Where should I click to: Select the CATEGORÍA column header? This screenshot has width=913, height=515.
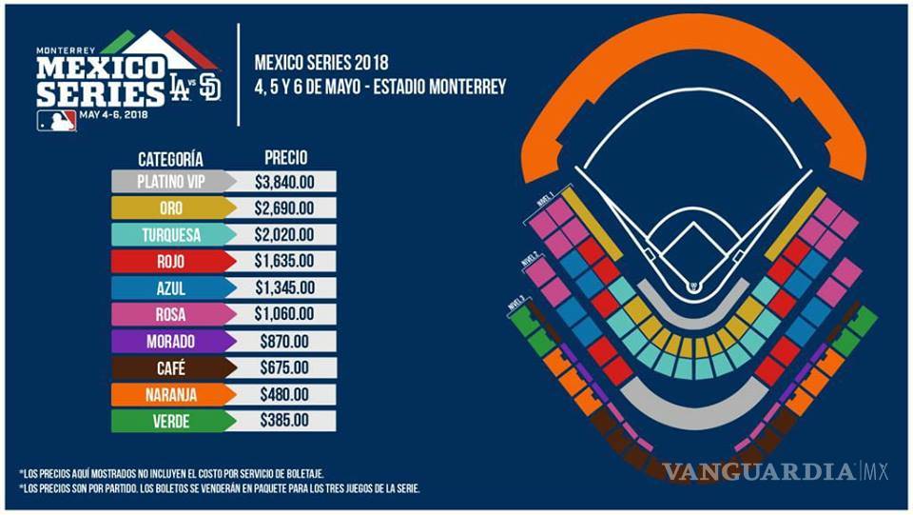[171, 159]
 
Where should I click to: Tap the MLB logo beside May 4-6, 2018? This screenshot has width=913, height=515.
[57, 120]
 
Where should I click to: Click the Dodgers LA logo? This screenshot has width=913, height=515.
[180, 89]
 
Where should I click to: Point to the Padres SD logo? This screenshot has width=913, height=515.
[210, 88]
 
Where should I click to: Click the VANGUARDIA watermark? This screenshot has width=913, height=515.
[761, 471]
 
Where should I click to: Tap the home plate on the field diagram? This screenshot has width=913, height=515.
[694, 286]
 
